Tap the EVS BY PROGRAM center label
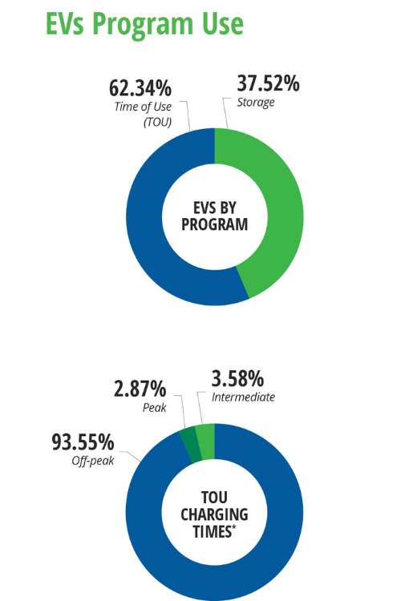[214, 216]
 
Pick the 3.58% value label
[249, 378]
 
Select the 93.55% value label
[83, 442]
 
